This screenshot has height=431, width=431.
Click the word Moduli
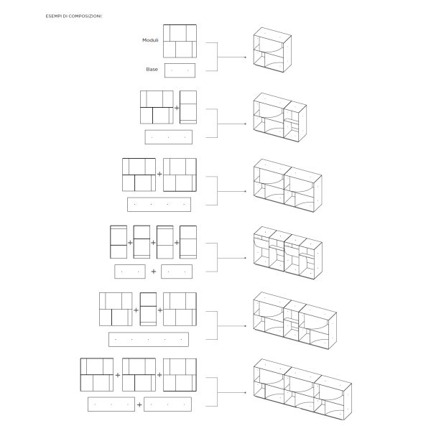150,40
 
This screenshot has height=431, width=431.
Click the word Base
152,69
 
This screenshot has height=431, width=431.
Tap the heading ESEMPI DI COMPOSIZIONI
74,17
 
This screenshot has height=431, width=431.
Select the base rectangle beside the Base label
180,70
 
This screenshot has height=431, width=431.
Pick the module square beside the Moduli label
180,41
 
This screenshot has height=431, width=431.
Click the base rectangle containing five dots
149,340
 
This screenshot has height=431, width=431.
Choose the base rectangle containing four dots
159,205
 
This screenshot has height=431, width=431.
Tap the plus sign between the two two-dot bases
154,272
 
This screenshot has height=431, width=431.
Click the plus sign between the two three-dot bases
139,404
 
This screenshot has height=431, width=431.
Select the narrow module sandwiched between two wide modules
148,309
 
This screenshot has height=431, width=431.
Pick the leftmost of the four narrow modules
119,242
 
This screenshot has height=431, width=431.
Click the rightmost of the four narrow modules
188,242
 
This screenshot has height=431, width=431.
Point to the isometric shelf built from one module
272,50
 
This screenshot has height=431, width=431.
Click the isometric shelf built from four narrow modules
288,253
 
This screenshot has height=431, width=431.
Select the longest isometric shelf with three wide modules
302,389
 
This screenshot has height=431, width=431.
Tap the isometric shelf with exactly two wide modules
287,185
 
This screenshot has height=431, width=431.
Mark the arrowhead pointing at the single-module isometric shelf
245,57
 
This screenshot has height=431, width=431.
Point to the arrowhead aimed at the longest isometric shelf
245,392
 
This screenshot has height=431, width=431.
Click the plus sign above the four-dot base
159,174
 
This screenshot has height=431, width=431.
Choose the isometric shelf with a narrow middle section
295,320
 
